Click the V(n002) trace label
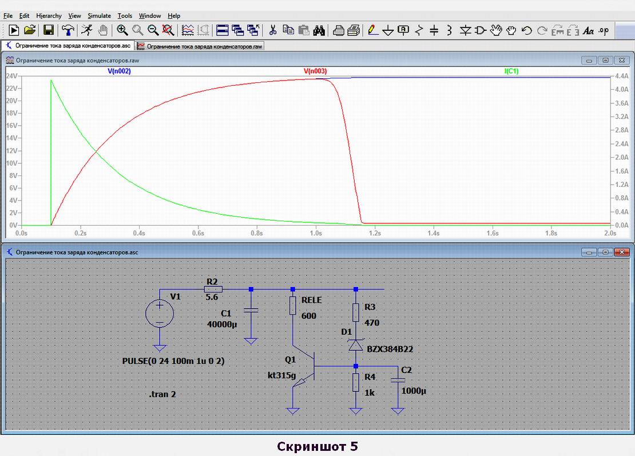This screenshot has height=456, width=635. [119, 71]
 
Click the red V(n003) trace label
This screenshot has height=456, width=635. [315, 71]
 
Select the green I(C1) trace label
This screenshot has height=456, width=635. [511, 71]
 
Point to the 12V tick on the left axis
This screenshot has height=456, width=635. [12, 150]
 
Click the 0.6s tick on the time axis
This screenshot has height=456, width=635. [198, 233]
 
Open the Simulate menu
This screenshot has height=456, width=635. [99, 16]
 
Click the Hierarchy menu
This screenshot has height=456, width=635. [49, 16]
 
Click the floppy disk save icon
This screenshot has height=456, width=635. [49, 30]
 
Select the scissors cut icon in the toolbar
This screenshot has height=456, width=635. [272, 30]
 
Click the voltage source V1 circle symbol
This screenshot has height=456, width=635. [160, 314]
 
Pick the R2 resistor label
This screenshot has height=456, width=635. [212, 282]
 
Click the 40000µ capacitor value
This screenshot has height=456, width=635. [222, 324]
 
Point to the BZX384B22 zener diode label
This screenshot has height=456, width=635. [390, 349]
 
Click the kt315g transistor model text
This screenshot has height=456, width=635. [282, 375]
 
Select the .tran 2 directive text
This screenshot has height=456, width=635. [162, 394]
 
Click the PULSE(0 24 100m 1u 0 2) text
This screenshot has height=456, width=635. [173, 361]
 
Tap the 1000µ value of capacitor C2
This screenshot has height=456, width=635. [414, 391]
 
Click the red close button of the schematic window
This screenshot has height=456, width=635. [622, 252]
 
